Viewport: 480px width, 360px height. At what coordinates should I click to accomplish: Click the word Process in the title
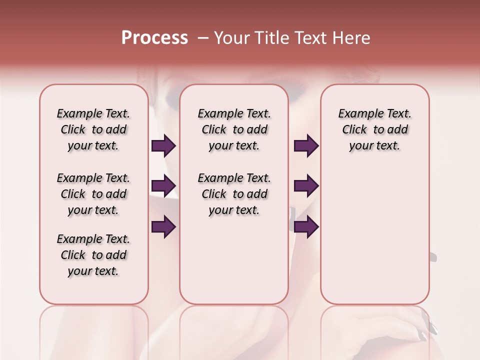pos(154,37)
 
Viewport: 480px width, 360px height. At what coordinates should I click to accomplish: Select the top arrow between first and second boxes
pos(163,146)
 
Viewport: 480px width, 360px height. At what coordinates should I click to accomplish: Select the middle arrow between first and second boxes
pos(163,186)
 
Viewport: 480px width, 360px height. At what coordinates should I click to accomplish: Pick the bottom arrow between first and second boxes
pos(163,227)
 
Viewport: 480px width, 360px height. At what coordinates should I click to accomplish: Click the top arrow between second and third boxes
pos(306,146)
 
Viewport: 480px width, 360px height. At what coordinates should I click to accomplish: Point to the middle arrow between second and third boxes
pos(306,186)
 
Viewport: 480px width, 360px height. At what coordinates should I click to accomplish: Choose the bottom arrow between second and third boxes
pos(306,227)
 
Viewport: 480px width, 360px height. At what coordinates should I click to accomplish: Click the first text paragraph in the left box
pos(93,129)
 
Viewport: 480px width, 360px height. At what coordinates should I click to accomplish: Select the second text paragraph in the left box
pos(93,194)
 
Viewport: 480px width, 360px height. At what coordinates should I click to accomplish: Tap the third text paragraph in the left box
pos(93,255)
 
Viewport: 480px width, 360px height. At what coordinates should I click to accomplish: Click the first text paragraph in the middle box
pos(234,129)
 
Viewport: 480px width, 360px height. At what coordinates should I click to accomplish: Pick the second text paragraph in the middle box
pos(234,194)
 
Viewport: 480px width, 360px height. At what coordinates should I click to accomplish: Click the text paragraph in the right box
pos(374,129)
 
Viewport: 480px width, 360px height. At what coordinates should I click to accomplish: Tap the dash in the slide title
pos(202,38)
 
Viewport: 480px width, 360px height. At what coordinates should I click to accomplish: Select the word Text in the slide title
pos(308,38)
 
